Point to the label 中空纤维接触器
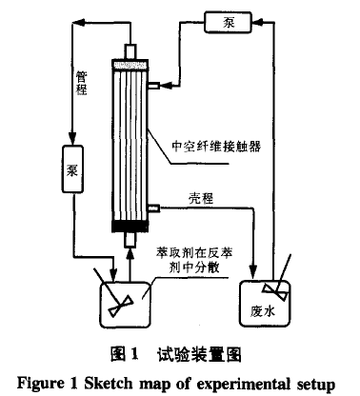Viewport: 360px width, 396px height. click(x=214, y=148)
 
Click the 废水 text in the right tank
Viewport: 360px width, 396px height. click(x=263, y=309)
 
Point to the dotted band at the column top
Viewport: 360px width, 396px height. click(x=132, y=64)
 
